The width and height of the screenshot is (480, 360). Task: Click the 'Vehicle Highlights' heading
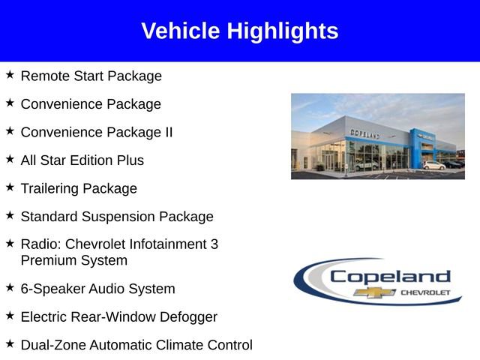pos(239,31)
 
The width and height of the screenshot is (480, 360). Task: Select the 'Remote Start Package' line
pos(91,76)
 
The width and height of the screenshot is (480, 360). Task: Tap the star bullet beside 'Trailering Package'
pos(10,187)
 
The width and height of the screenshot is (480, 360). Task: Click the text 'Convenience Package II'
pos(96,132)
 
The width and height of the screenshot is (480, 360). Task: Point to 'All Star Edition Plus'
pos(82,160)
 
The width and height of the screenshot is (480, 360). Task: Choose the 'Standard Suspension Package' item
pos(116,217)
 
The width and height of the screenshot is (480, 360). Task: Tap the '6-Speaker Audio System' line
pos(97,289)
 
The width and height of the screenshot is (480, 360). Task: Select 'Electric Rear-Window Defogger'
pos(118,317)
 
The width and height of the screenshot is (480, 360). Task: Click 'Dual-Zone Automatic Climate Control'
pos(136,345)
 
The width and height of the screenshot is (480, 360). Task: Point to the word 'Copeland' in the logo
pos(390,277)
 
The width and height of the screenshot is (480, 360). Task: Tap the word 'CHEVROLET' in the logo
pos(425,292)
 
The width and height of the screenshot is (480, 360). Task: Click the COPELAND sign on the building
pos(365,133)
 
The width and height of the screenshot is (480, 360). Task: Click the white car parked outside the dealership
pos(433,165)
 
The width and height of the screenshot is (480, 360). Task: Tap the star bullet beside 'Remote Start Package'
pos(10,74)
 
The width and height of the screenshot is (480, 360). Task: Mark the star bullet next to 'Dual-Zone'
pos(10,343)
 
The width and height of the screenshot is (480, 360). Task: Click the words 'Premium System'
pos(73,261)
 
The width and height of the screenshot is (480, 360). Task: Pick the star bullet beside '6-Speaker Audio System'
pos(10,287)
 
